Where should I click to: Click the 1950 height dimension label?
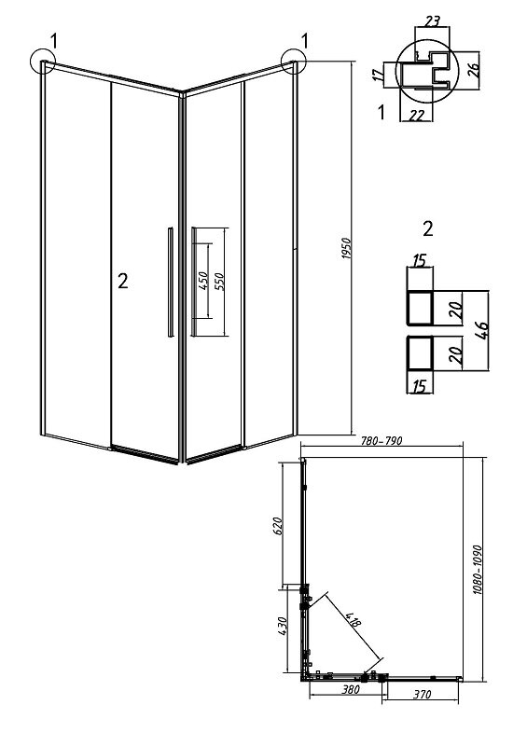[x=346, y=248]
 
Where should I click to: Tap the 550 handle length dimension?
[x=220, y=283]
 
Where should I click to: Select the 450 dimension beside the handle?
[x=202, y=282]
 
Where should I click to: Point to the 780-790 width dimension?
[x=381, y=440]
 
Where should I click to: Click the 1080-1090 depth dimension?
[x=478, y=570]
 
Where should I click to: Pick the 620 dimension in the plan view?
[x=279, y=525]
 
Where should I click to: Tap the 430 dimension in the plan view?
[x=282, y=627]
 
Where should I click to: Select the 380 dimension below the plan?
[x=351, y=689]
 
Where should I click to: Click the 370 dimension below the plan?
[x=422, y=694]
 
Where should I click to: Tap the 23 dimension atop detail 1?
[x=432, y=21]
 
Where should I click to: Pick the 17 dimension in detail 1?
[x=378, y=75]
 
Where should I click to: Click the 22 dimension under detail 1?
[x=417, y=115]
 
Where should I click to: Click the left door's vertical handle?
[x=170, y=283]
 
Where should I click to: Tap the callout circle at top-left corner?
[x=42, y=62]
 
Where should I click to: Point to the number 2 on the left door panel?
[x=122, y=282]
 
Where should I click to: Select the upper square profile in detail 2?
[x=420, y=309]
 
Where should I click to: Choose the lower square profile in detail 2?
[x=420, y=353]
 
